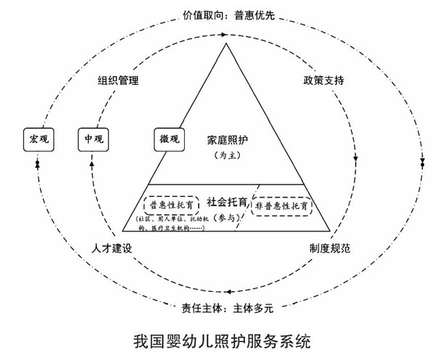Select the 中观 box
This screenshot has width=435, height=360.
92,138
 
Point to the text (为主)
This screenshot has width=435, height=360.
225,155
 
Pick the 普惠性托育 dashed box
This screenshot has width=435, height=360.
172,205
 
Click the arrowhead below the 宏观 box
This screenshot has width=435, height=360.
37,165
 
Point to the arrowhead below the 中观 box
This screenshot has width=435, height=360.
92,165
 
